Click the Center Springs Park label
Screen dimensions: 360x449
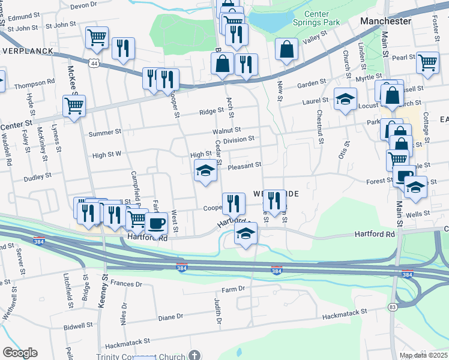coord(322,18)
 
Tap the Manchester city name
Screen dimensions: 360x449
coord(385,21)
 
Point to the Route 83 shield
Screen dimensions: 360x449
coord(393,307)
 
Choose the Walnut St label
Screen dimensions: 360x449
coord(226,130)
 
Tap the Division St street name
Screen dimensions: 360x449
coord(238,139)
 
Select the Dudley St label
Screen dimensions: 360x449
coord(38,178)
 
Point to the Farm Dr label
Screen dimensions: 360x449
coord(234,289)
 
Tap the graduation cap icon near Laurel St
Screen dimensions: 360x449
coord(345,99)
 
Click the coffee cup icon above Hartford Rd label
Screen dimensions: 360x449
coord(157,224)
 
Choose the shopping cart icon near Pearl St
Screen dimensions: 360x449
coord(427,62)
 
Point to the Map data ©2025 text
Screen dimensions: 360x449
coord(423,356)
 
